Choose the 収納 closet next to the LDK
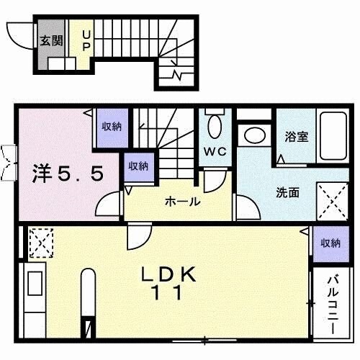[x=330, y=243]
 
